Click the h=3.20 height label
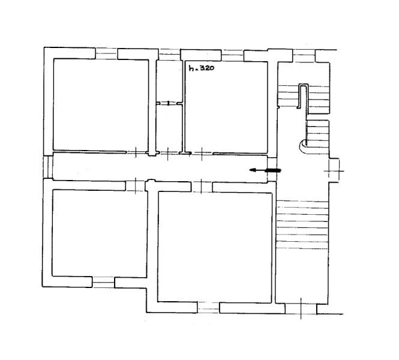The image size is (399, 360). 201,68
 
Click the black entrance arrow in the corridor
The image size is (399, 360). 265,170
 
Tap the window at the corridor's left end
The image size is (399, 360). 48,167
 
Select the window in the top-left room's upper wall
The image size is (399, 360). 106,53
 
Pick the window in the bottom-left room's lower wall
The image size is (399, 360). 103,282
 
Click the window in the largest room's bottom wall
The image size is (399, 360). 208,308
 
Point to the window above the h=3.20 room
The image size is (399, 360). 232,55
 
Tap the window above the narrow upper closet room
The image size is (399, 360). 169,55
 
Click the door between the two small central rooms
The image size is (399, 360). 169,103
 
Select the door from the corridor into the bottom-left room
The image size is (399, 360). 136,185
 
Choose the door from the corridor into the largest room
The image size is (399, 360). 202,187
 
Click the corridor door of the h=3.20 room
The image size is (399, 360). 202,154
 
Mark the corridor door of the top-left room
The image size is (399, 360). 136,152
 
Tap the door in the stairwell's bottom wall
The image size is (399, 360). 301,308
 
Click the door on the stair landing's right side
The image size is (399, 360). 334,170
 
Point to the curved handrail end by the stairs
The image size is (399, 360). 303,148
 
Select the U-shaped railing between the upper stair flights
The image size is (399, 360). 303,96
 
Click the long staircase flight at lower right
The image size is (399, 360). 302,224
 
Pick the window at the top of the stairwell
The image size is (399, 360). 304,56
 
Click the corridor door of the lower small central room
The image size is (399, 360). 167,154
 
